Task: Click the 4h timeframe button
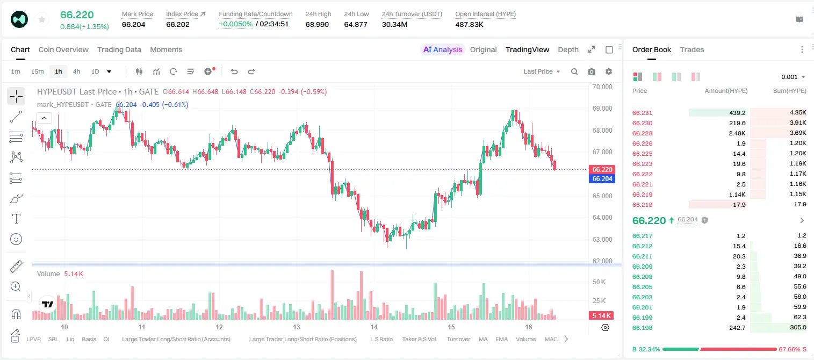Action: pos(76,71)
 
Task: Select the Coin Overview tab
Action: pos(63,49)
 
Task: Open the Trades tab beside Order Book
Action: pos(692,49)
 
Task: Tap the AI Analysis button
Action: pos(443,49)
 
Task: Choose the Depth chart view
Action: pos(568,49)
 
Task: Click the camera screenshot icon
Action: pos(592,71)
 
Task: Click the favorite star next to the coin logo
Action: pos(42,19)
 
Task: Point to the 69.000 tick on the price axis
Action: pos(602,108)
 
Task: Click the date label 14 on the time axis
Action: pos(373,327)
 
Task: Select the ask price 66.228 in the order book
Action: pos(642,133)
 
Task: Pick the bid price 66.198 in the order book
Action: pos(642,328)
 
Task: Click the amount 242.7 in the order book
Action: pos(737,328)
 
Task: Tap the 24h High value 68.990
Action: pos(317,24)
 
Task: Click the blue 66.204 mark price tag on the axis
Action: pos(602,179)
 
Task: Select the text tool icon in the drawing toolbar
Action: pos(16,219)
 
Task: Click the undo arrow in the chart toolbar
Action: pos(234,71)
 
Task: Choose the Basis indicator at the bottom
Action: pos(89,339)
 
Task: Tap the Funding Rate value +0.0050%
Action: pos(235,24)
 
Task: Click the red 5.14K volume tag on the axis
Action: pos(601,315)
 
